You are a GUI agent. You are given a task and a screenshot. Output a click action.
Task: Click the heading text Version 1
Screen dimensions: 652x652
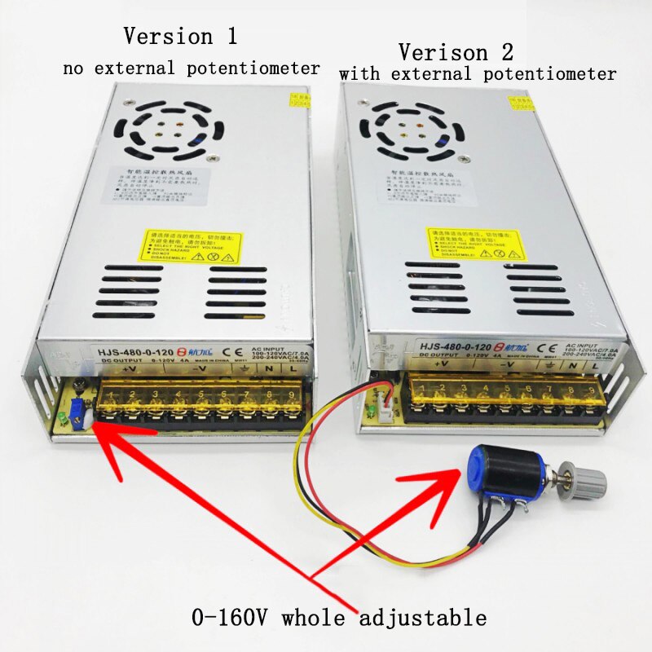tap(181, 37)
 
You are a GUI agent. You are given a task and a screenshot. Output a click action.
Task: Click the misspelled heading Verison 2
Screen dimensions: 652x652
tap(456, 53)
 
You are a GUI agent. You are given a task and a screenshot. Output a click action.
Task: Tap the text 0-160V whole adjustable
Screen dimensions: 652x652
tap(339, 616)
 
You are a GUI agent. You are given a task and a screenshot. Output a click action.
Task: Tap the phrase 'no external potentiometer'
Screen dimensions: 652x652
tap(192, 68)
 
